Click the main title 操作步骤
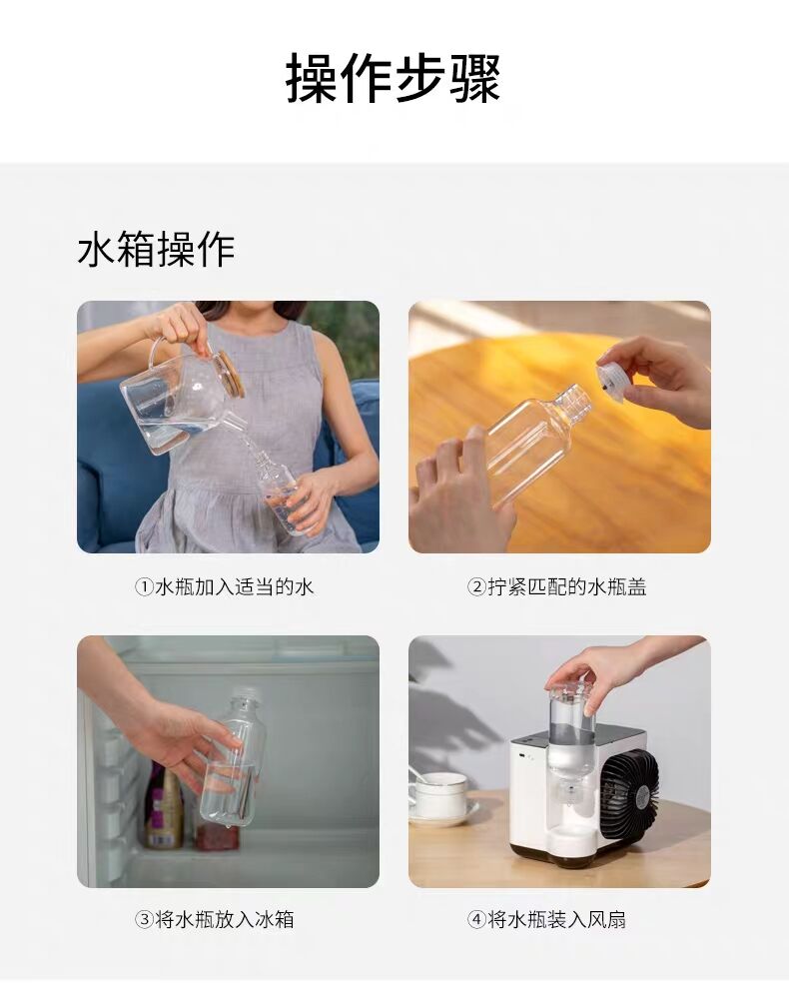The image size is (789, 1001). coord(394,78)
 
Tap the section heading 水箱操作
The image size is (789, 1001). coord(157,249)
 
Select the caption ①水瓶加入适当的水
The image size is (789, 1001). coord(224,586)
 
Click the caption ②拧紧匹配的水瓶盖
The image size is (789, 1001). coord(556,586)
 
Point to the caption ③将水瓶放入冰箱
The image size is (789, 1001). coord(215,919)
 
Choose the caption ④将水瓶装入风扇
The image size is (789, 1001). coord(546,919)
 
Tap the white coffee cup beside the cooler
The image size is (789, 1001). coord(439,795)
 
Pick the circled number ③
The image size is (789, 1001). coord(144,920)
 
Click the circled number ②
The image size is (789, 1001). coord(476,587)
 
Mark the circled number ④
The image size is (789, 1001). coord(476,920)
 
